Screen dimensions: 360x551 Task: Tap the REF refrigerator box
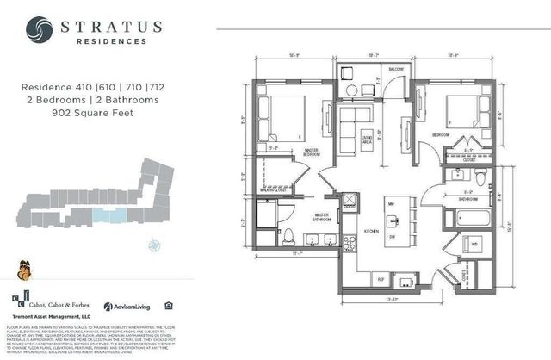[380, 279]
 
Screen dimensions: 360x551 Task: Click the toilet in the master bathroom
[289, 237]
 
